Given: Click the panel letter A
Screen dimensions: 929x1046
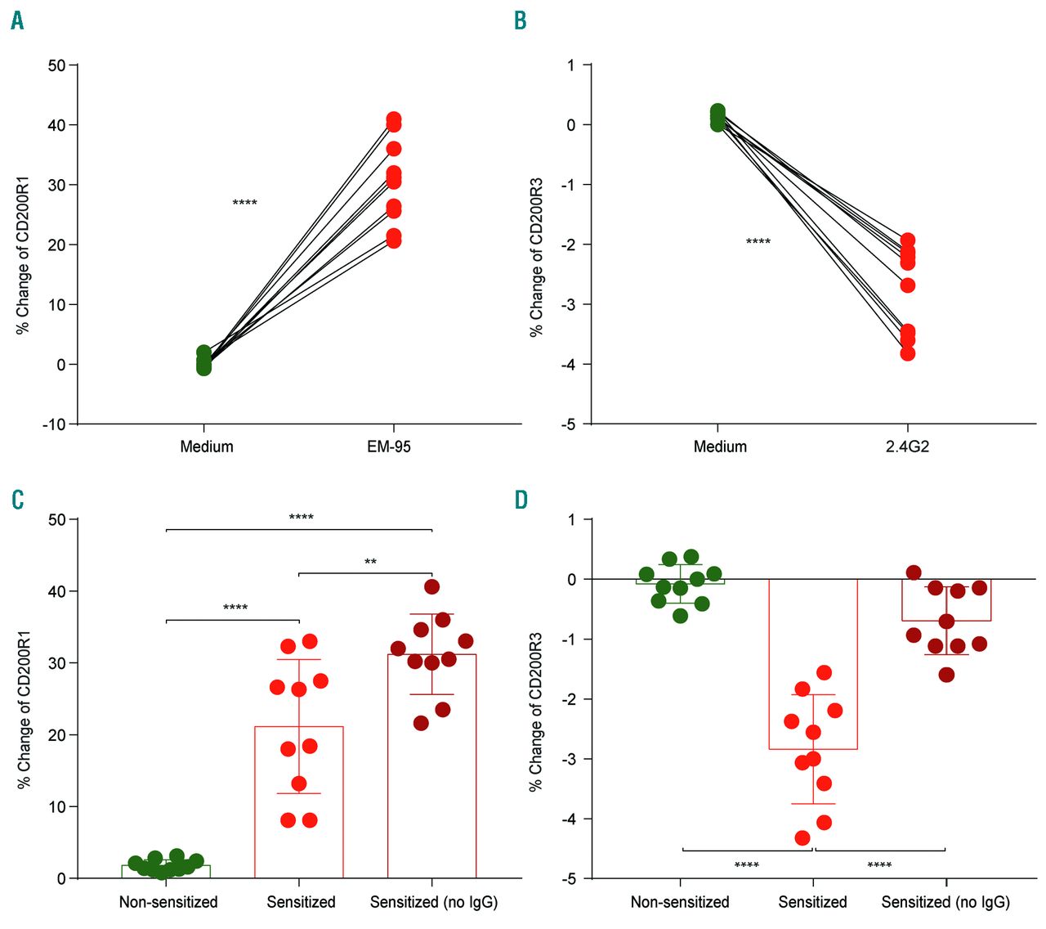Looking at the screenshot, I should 17,21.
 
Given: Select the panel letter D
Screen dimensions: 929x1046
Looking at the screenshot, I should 521,499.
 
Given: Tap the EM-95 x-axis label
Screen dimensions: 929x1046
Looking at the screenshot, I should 388,447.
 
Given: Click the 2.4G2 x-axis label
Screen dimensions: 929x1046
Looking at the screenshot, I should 907,447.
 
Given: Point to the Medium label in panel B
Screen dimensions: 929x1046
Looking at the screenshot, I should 720,447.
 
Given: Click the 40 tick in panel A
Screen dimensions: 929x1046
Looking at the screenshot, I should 56,125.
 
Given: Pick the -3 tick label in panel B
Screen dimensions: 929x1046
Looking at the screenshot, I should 568,304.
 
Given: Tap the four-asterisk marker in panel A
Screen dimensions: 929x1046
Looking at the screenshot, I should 244,203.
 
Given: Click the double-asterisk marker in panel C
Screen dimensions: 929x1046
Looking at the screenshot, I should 370,562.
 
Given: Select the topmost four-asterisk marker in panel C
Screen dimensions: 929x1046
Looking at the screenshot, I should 301,518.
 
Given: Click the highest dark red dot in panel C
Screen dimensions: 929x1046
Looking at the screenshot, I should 432,586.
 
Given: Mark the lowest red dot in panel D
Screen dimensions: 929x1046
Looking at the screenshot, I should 802,837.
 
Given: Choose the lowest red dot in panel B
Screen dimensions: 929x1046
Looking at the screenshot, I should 907,353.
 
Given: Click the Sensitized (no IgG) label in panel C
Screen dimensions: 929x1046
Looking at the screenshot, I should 433,902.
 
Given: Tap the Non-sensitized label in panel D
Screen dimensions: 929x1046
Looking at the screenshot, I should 680,902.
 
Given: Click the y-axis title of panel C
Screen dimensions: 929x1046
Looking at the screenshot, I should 24,709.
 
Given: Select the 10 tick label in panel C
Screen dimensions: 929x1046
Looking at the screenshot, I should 56,807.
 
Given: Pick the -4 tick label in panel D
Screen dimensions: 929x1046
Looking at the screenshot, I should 568,819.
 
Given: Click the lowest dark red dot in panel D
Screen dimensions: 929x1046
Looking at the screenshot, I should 946,675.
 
